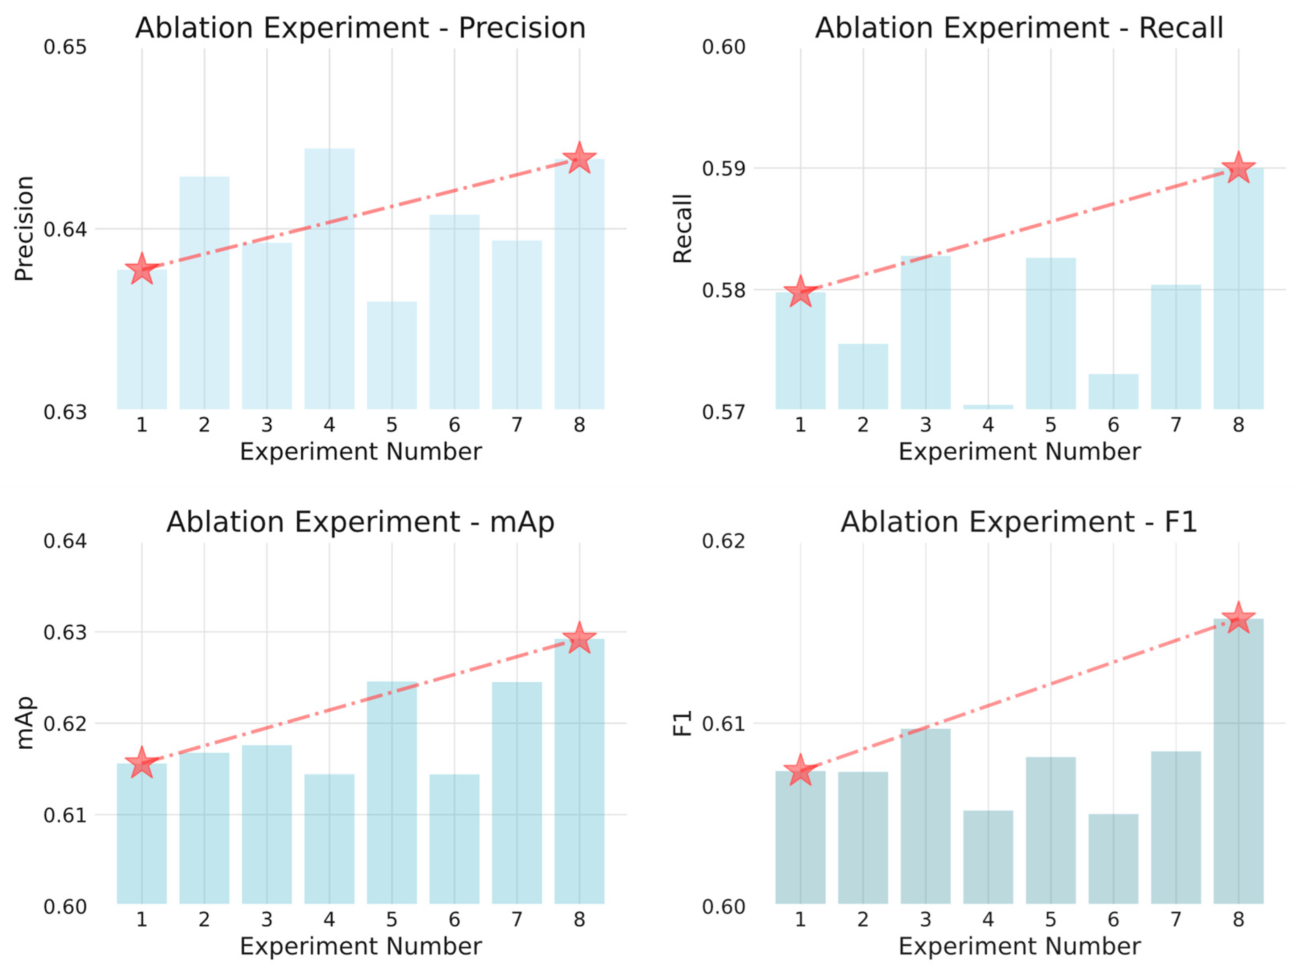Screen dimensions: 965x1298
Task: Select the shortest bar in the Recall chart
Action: click(988, 406)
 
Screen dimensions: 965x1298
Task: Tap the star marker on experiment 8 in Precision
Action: click(579, 158)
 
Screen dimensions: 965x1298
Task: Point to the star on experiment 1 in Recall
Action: click(800, 292)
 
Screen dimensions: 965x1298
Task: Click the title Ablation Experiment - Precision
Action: click(361, 28)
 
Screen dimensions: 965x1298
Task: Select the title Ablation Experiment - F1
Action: click(1019, 522)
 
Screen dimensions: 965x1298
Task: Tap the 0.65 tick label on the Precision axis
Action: click(65, 47)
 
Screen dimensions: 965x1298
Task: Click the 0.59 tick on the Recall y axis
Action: click(723, 169)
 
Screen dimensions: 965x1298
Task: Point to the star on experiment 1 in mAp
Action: click(141, 763)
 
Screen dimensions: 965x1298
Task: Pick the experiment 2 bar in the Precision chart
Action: click(204, 292)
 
